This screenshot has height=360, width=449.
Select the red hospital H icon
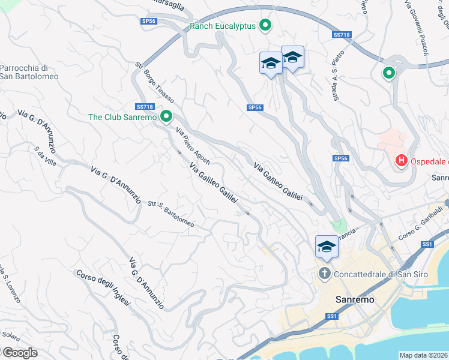click(x=400, y=161)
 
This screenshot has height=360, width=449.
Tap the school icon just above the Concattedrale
click(x=327, y=247)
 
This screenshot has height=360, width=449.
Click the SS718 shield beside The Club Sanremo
click(x=143, y=105)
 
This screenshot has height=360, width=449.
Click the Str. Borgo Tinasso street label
click(x=155, y=83)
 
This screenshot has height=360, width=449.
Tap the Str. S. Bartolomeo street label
click(x=171, y=214)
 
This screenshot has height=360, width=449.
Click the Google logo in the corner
click(x=19, y=352)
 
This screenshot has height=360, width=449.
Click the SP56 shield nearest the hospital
click(x=340, y=158)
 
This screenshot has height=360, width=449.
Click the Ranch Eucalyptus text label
click(x=223, y=25)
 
